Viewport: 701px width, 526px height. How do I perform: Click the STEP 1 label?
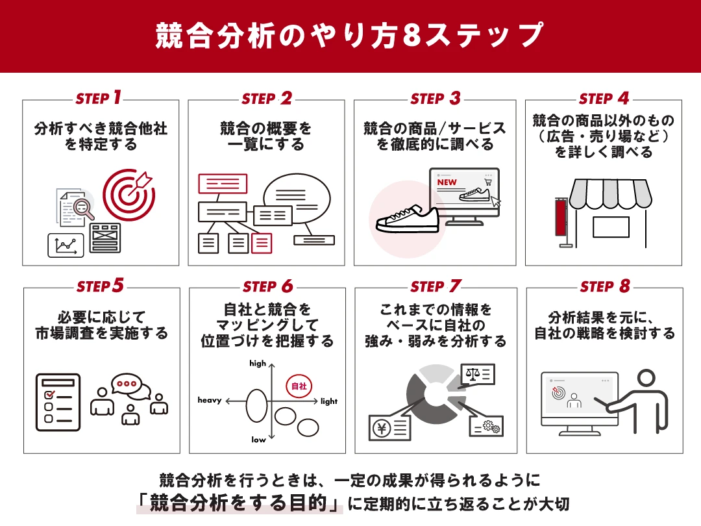(x=99, y=98)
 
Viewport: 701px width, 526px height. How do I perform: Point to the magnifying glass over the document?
(x=83, y=208)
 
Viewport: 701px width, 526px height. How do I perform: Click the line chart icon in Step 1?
(x=66, y=245)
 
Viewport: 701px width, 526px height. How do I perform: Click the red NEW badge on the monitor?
(x=447, y=182)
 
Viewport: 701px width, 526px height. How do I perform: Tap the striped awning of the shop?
(x=608, y=193)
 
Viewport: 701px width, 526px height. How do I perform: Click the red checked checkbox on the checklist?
(x=48, y=394)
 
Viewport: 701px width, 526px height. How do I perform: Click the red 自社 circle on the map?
(x=299, y=386)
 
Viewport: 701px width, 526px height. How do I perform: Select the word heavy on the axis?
(x=210, y=401)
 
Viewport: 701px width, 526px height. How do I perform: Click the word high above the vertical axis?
(x=258, y=364)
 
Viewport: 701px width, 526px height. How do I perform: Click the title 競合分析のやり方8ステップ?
(x=350, y=36)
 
